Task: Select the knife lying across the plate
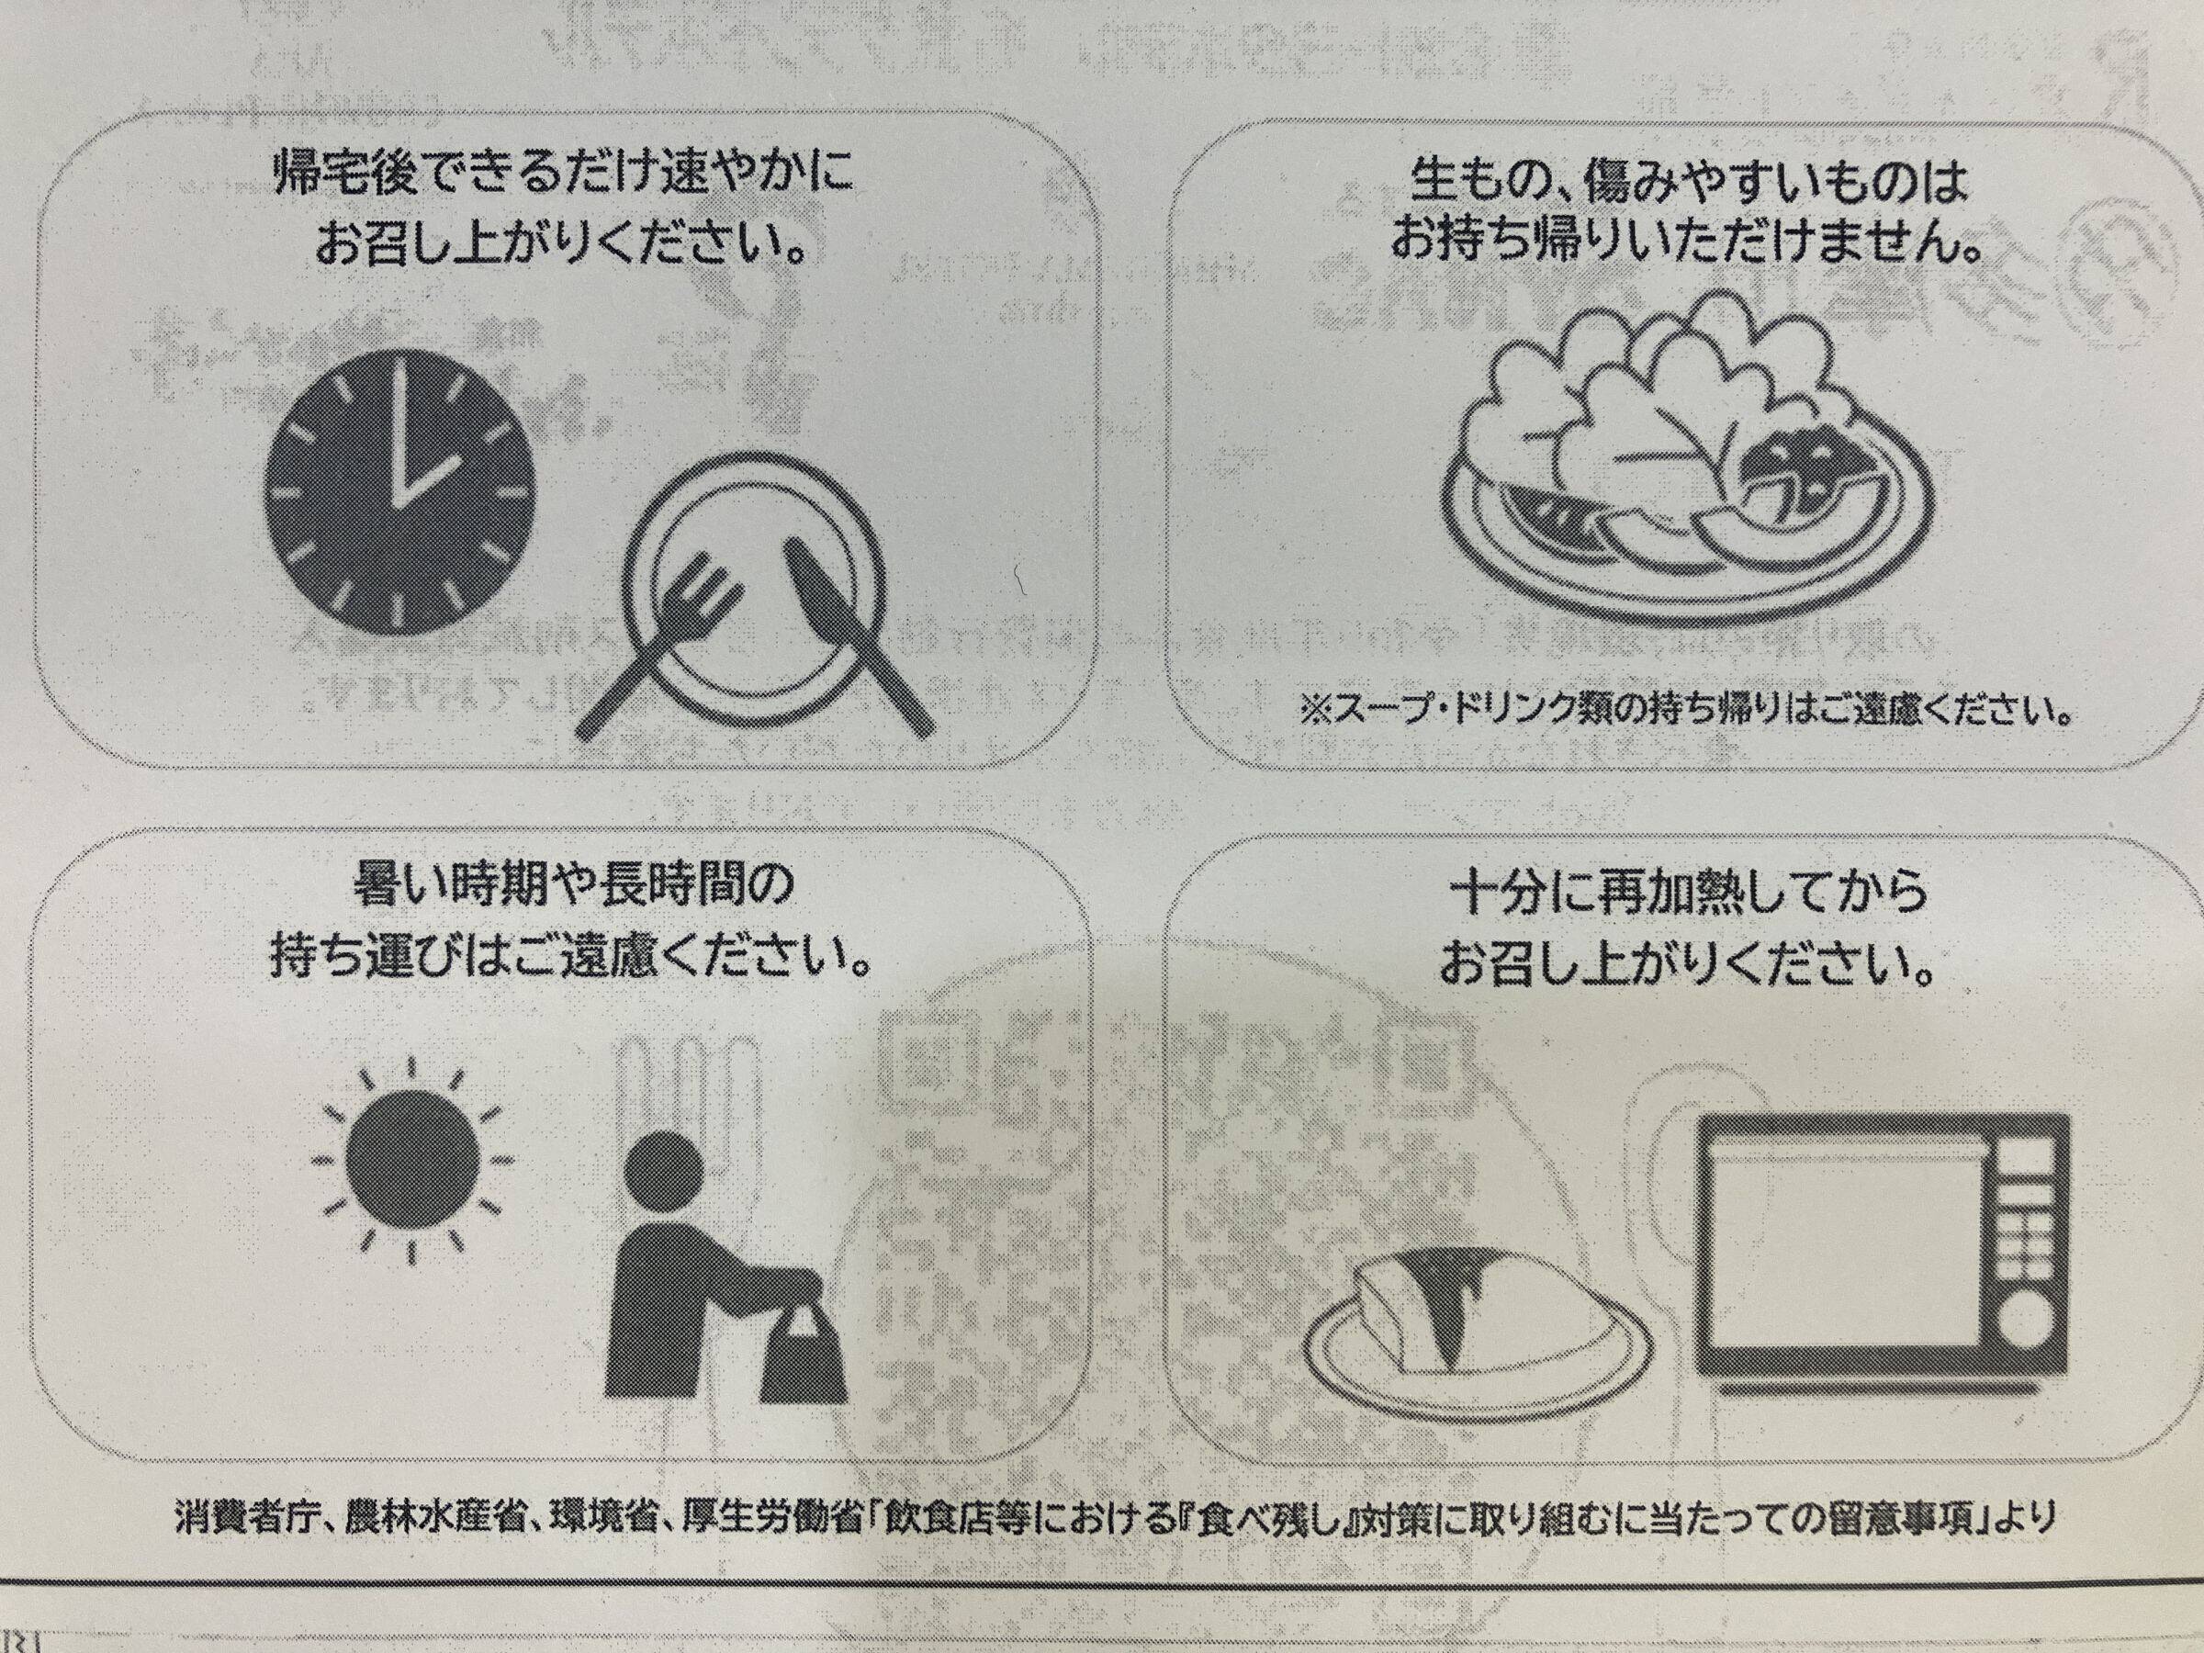[858, 637]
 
